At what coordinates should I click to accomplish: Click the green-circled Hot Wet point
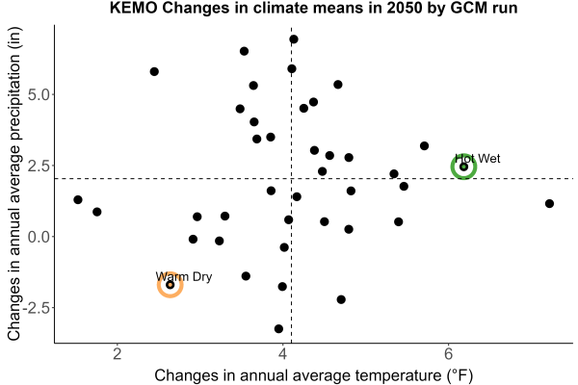(463, 167)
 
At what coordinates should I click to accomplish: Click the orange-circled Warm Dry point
(170, 285)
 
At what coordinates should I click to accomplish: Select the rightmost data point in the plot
(549, 203)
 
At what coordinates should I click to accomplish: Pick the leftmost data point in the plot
(78, 199)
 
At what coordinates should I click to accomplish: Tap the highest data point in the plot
(294, 39)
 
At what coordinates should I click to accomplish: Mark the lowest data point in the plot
(278, 328)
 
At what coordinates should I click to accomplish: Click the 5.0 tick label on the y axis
(39, 95)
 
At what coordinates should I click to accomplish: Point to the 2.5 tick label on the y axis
(39, 166)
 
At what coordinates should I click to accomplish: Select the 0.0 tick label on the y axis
(39, 237)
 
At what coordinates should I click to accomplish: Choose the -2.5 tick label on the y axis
(37, 308)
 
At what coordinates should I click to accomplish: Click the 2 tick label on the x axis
(118, 354)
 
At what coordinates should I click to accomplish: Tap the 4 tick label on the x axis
(282, 354)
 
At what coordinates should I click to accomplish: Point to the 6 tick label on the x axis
(448, 354)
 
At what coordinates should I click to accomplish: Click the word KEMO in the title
(134, 8)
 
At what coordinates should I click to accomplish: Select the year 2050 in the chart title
(404, 8)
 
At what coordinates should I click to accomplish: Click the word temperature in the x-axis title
(398, 375)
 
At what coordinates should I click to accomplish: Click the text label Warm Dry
(184, 276)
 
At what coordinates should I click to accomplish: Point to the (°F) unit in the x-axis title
(460, 375)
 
